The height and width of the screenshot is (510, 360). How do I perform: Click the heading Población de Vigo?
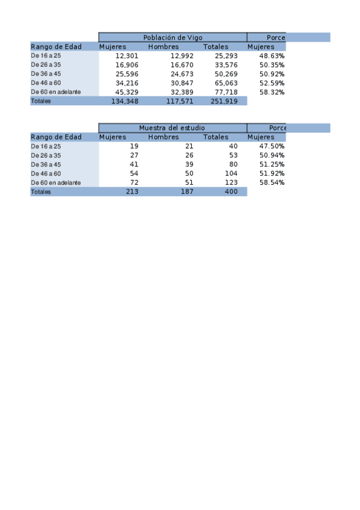pos(172,37)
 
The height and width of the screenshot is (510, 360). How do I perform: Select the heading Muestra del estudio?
pos(172,127)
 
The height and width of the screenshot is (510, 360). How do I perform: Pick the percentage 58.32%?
pos(272,92)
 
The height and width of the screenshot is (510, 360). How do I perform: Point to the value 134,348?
pos(125,101)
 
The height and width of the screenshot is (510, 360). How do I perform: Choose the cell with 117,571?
pos(180,101)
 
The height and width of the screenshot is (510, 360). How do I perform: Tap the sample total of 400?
pos(231,191)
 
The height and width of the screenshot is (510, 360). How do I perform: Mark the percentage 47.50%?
pos(272,146)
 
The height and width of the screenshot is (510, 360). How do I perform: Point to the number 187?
pos(186,191)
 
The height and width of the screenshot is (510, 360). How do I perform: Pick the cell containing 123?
pos(231,182)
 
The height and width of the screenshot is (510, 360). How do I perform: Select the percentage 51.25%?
pos(272,164)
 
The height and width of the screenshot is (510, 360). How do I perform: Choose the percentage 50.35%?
pos(272,65)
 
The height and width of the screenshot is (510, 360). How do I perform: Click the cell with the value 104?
pos(231,173)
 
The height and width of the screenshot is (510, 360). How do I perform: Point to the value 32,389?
pos(182,92)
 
